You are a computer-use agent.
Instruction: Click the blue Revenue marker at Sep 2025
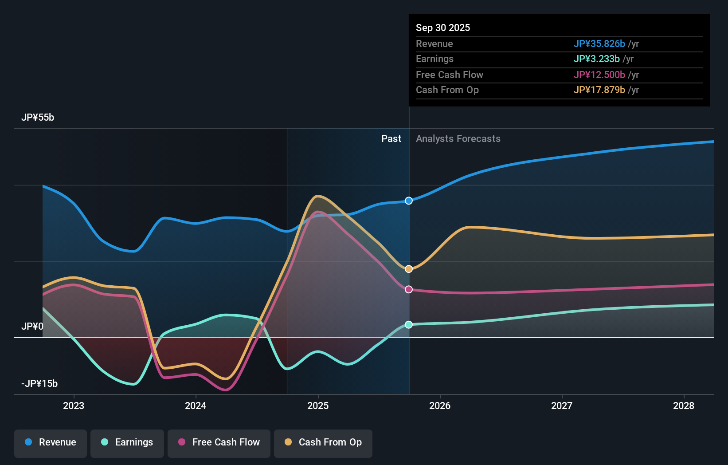[409, 201]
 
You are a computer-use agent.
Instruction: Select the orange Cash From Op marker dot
[409, 269]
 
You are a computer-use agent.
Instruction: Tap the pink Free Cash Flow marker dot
[409, 289]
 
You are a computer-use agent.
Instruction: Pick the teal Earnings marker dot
[409, 325]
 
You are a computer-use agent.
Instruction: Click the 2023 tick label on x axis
[74, 406]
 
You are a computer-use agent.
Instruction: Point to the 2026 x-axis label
[440, 406]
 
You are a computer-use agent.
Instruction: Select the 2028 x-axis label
[684, 406]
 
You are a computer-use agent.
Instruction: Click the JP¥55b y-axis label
[38, 117]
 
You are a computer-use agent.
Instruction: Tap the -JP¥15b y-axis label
[39, 383]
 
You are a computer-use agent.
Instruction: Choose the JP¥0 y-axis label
[32, 327]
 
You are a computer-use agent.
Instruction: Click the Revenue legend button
[51, 442]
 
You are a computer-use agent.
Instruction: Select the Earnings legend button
[127, 442]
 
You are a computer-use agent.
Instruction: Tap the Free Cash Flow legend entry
[219, 442]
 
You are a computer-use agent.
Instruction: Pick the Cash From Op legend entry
[323, 442]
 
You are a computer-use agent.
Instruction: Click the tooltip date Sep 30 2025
[443, 28]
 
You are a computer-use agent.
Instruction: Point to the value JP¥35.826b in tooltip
[599, 43]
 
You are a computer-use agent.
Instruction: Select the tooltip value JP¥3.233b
[596, 59]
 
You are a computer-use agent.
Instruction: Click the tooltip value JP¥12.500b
[599, 75]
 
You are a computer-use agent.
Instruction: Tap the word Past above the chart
[391, 138]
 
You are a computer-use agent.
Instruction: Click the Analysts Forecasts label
[458, 138]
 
